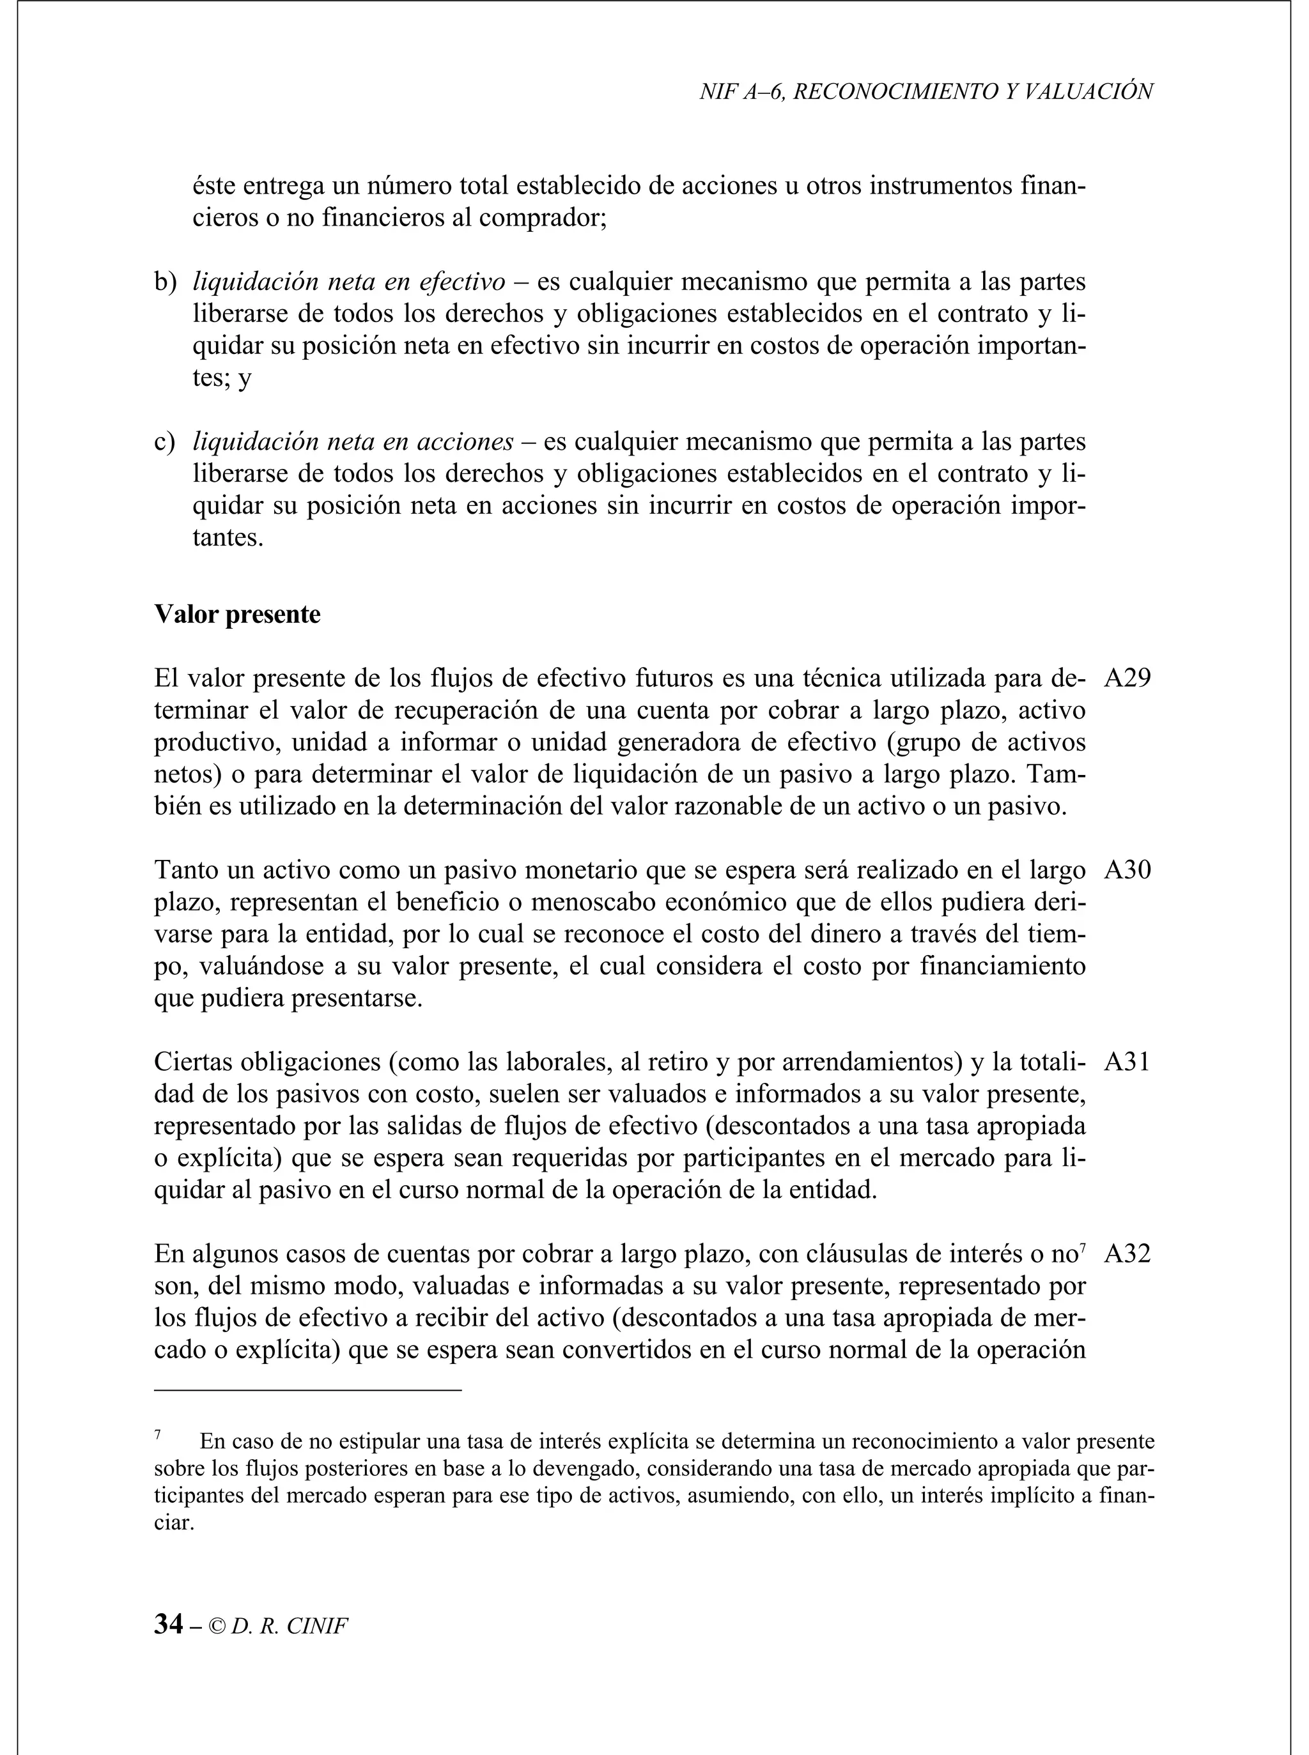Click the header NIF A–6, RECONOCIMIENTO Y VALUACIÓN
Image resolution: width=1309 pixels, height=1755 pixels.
pos(926,92)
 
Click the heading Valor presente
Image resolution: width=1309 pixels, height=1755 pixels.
pos(237,615)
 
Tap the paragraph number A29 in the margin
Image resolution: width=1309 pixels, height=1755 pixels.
pos(1127,678)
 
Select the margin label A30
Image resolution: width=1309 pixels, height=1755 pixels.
pos(1127,870)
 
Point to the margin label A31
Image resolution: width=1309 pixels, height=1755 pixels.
pos(1127,1062)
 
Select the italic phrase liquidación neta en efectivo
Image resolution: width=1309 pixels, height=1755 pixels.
pos(348,282)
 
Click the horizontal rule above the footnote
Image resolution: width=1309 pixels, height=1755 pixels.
pos(307,1389)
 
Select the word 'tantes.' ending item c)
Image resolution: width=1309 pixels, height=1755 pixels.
pos(228,539)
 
